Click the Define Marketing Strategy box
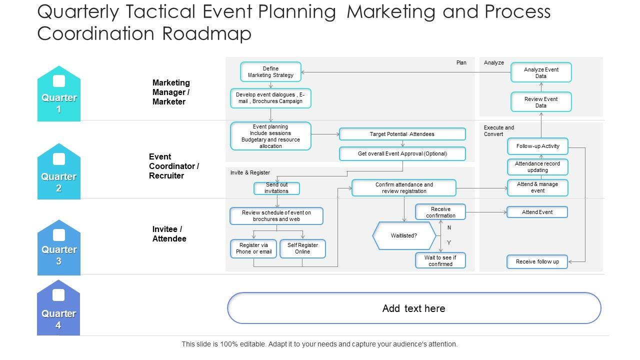[270, 72]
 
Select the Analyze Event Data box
[541, 72]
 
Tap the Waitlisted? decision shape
[404, 235]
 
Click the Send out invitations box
[276, 188]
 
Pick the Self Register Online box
[302, 248]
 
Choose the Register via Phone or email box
[253, 248]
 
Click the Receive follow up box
[537, 261]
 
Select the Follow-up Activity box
[537, 146]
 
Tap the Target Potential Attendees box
[402, 134]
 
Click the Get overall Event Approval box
[402, 153]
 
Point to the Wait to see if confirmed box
[440, 260]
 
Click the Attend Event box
[537, 212]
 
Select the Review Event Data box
[541, 102]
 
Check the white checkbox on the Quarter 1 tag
[59, 81]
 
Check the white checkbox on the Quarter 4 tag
[58, 295]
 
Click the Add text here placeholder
[413, 308]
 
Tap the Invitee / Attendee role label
[169, 234]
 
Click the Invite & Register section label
[250, 172]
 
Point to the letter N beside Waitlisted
[449, 227]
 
